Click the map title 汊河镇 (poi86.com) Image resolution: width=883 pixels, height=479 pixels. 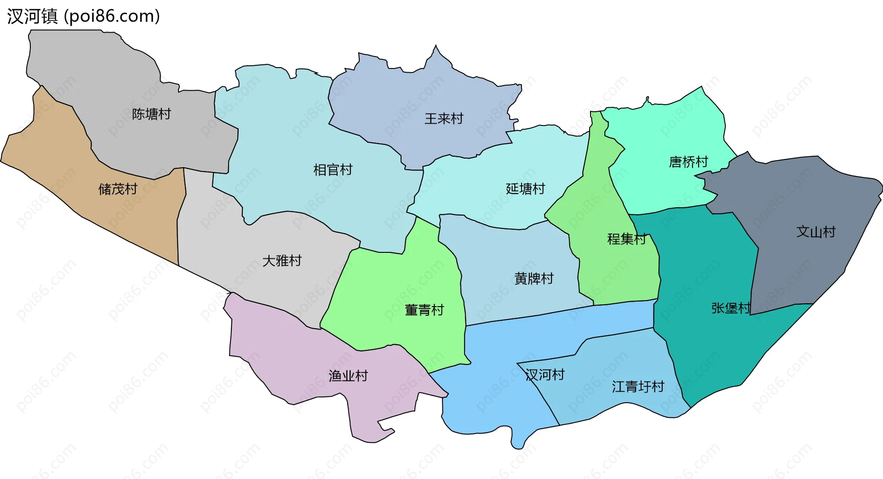[x=83, y=16]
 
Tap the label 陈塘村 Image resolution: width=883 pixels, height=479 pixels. [x=151, y=114]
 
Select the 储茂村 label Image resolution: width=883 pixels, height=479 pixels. [x=118, y=188]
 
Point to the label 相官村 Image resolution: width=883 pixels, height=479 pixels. [x=333, y=170]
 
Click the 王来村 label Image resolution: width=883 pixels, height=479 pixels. [x=443, y=119]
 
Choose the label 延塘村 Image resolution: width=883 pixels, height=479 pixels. [x=525, y=188]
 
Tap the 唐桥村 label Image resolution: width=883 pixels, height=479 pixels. [x=688, y=162]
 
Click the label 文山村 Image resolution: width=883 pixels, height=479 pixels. [x=815, y=231]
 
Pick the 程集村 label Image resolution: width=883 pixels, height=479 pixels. [x=626, y=239]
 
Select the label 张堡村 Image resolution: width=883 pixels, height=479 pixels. [x=730, y=308]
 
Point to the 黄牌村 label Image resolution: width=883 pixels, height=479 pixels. [x=533, y=278]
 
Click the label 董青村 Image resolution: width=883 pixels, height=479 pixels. [x=424, y=310]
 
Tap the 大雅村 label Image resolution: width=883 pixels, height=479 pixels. [x=281, y=261]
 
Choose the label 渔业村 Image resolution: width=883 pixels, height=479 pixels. [x=348, y=376]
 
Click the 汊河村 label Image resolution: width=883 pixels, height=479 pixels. [x=545, y=375]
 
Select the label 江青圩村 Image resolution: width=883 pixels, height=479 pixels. [x=638, y=387]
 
